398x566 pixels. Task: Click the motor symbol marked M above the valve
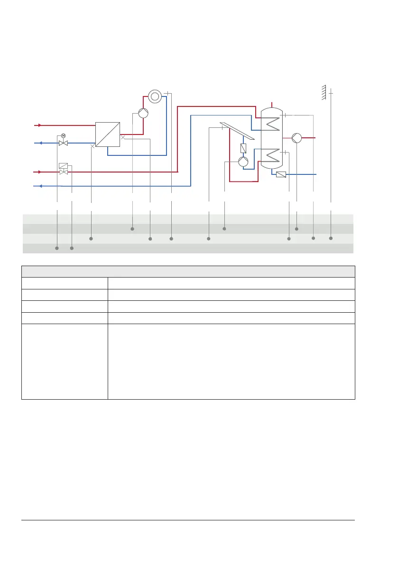click(x=63, y=136)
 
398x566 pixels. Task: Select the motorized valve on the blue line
click(x=63, y=143)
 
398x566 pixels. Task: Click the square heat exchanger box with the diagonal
click(x=107, y=134)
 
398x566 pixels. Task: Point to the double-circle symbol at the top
click(x=155, y=96)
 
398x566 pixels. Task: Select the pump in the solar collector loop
click(x=243, y=162)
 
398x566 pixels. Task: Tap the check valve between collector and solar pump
click(x=244, y=148)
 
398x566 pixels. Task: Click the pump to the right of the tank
click(x=297, y=138)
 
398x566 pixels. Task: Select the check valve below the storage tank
click(x=281, y=174)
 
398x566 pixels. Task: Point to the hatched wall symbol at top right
click(x=324, y=92)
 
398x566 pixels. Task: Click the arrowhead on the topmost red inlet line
click(x=40, y=125)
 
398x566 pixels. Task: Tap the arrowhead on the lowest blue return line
click(x=40, y=186)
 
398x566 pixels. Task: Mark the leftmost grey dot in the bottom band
click(x=57, y=248)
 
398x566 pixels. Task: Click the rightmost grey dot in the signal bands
click(x=331, y=238)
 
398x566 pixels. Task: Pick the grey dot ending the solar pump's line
click(x=224, y=229)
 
